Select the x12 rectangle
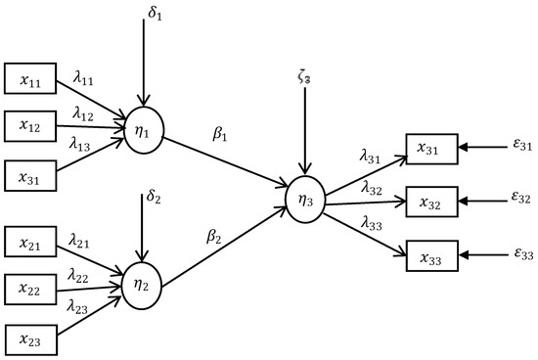(32, 124)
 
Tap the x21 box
(32, 239)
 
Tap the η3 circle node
(304, 197)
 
